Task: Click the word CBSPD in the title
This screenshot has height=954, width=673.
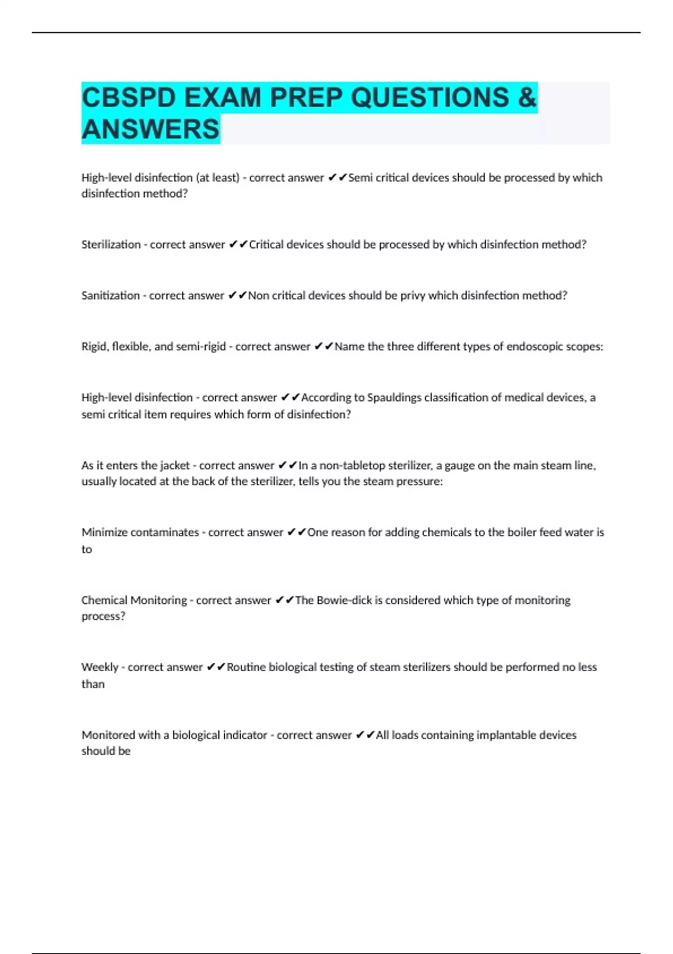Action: [128, 98]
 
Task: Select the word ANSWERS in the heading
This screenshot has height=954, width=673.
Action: [150, 129]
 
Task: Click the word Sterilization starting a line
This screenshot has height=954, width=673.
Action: [111, 245]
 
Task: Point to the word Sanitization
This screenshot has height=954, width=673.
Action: [110, 296]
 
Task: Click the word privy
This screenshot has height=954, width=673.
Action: [412, 296]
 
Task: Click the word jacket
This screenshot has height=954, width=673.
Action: [174, 466]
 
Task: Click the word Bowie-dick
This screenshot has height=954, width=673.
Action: [344, 600]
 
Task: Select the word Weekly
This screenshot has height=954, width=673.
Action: [100, 667]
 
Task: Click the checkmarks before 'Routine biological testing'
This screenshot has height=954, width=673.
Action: [216, 667]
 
